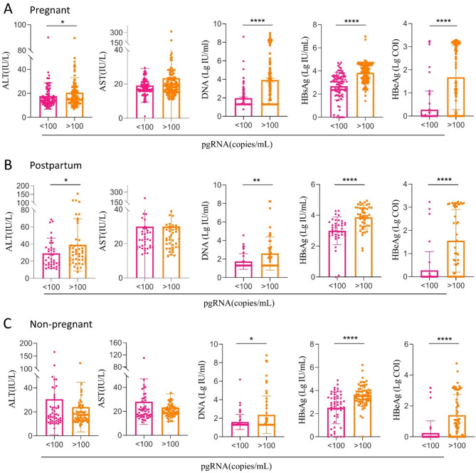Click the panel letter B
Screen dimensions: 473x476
(7, 164)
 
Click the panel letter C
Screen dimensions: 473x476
(7, 322)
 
